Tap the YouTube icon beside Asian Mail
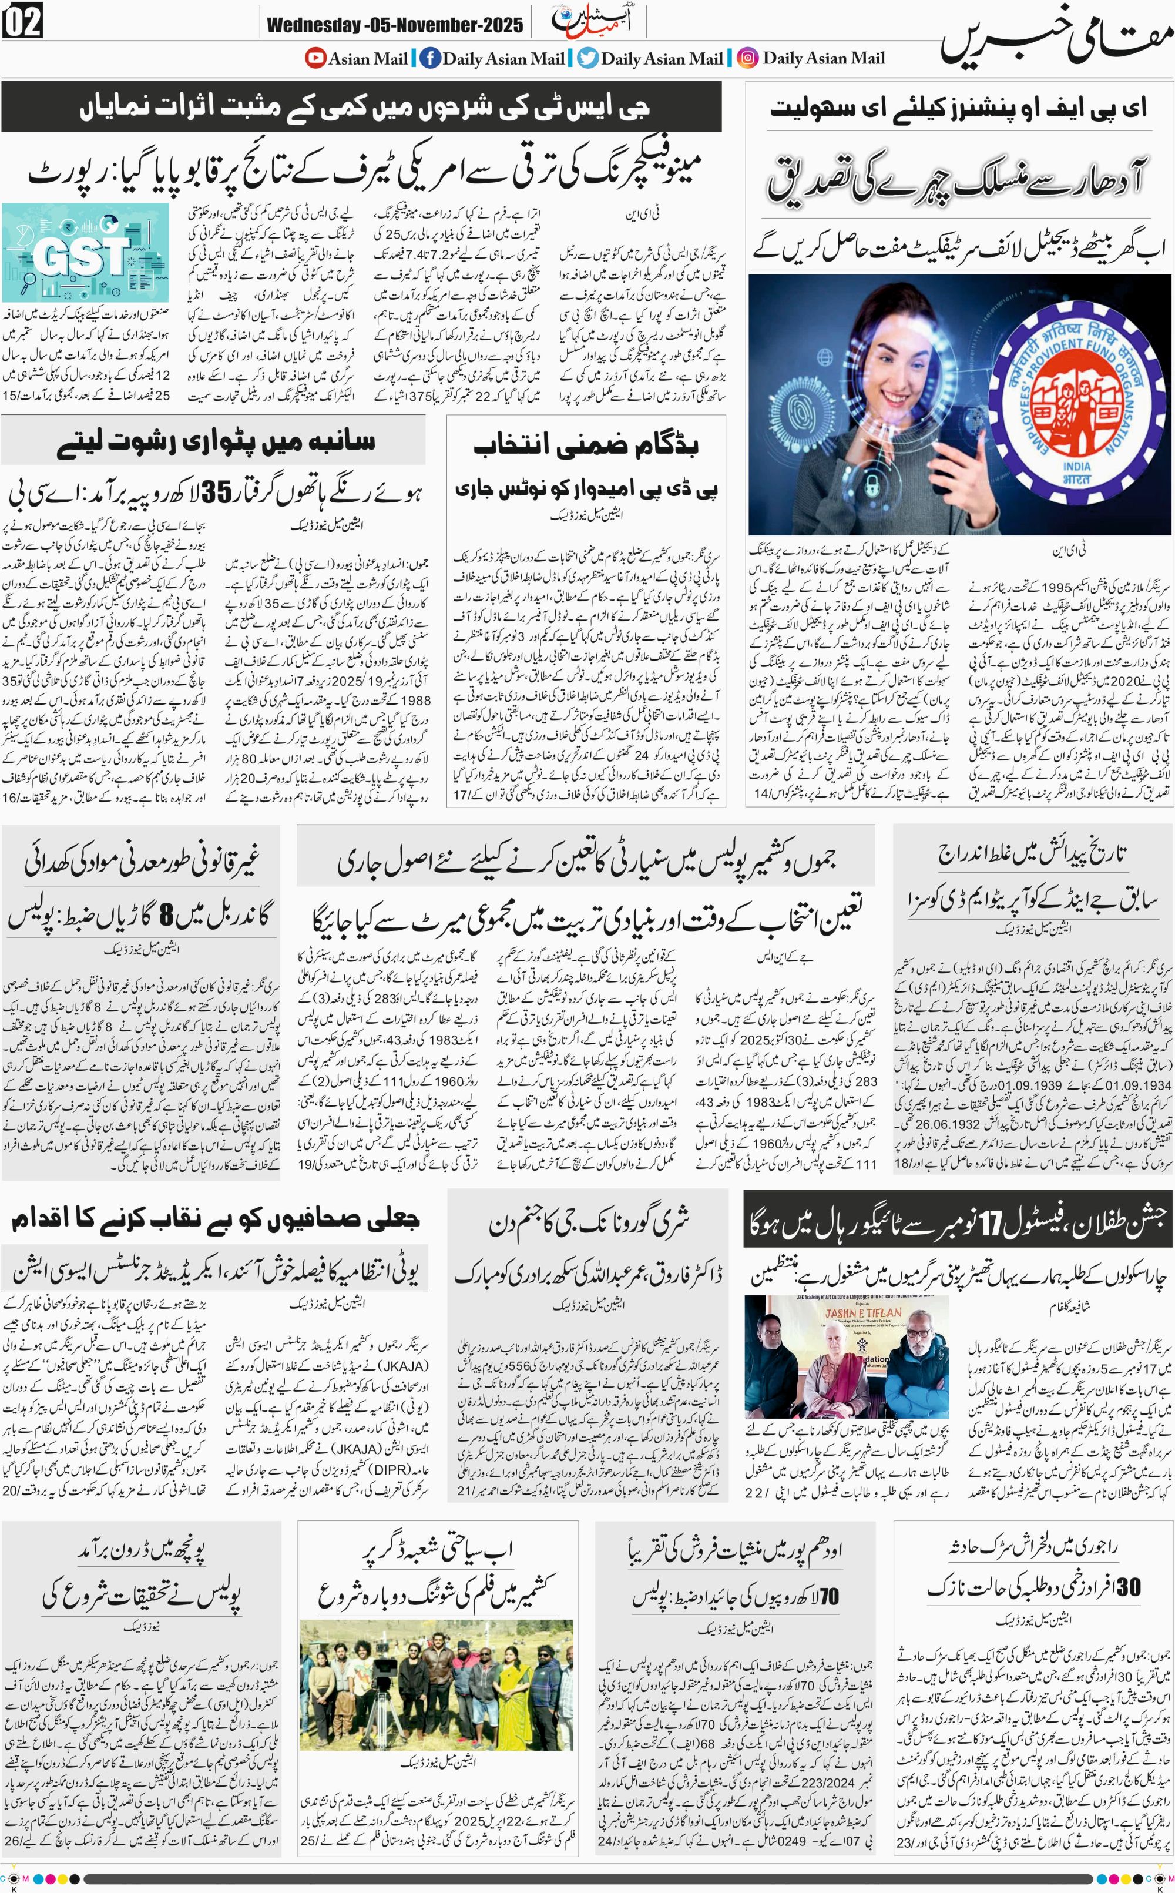coord(315,58)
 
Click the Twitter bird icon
coord(588,58)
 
